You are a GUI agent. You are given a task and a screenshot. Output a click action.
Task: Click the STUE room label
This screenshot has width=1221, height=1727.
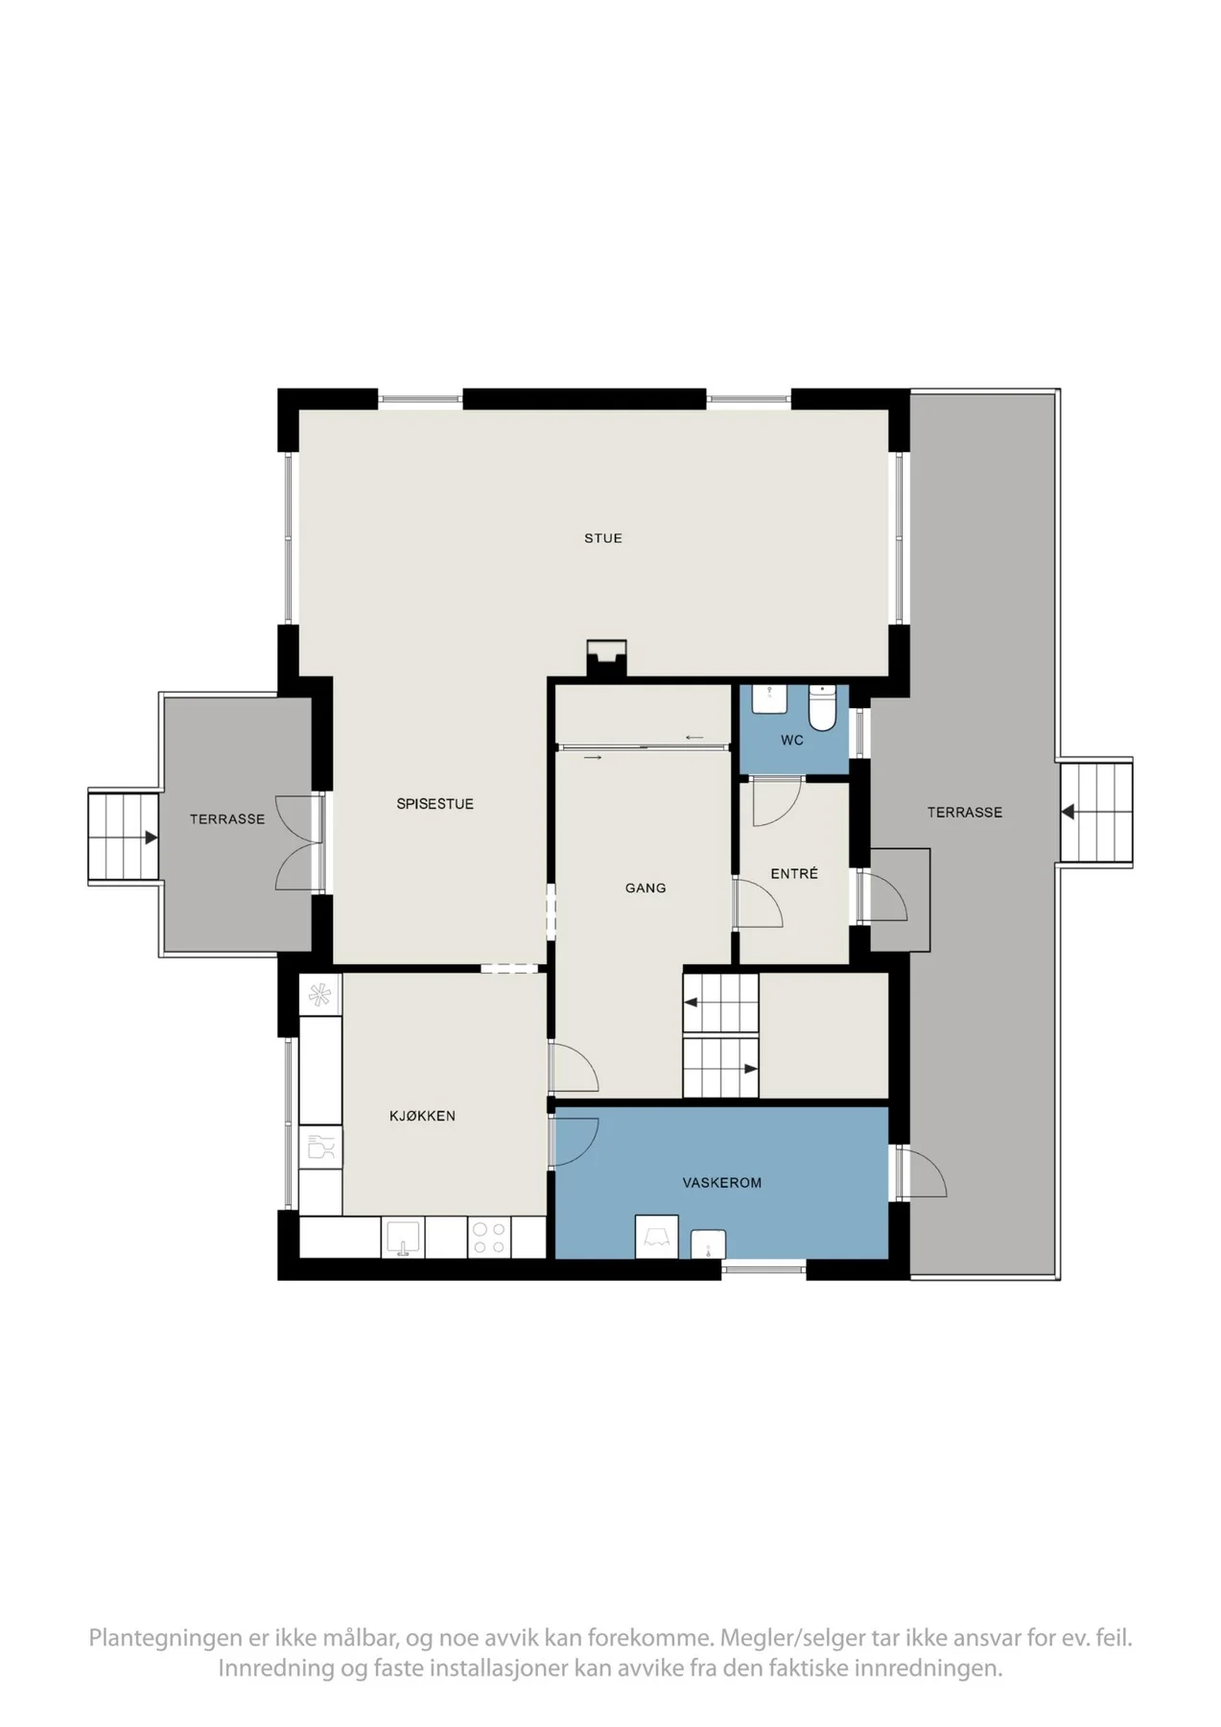click(603, 538)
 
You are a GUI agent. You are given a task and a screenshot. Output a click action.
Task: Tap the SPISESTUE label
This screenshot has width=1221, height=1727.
click(435, 804)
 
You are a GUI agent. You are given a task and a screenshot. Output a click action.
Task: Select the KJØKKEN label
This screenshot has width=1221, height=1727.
click(423, 1116)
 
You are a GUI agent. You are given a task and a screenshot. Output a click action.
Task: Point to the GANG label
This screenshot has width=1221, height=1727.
click(646, 888)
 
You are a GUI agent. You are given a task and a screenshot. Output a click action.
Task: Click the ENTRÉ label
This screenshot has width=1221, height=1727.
click(794, 873)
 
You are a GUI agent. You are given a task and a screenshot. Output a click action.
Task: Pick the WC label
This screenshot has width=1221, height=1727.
click(792, 741)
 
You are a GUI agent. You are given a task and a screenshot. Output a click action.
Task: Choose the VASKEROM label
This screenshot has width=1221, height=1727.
click(722, 1183)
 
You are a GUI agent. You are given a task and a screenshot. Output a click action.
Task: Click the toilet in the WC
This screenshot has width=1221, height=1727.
click(823, 707)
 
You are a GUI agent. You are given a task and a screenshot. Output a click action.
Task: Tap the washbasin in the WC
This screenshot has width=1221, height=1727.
click(769, 699)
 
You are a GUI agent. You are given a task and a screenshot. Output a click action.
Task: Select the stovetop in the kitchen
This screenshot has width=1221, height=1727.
click(490, 1238)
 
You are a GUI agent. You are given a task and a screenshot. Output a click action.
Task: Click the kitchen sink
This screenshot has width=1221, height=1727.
click(404, 1238)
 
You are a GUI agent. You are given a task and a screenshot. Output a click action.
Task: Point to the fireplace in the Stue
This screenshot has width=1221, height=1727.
click(606, 659)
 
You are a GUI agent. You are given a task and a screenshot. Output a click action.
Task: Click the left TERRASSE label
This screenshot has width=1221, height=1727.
click(227, 819)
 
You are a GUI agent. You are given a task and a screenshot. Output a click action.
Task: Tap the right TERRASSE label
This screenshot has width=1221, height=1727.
click(965, 813)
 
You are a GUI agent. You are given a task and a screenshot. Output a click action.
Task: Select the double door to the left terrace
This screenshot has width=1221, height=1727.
click(298, 841)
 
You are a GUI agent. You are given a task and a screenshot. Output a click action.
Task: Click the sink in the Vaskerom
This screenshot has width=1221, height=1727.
click(708, 1243)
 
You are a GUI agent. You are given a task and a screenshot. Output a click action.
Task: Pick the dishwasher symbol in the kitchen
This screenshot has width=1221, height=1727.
click(321, 1147)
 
